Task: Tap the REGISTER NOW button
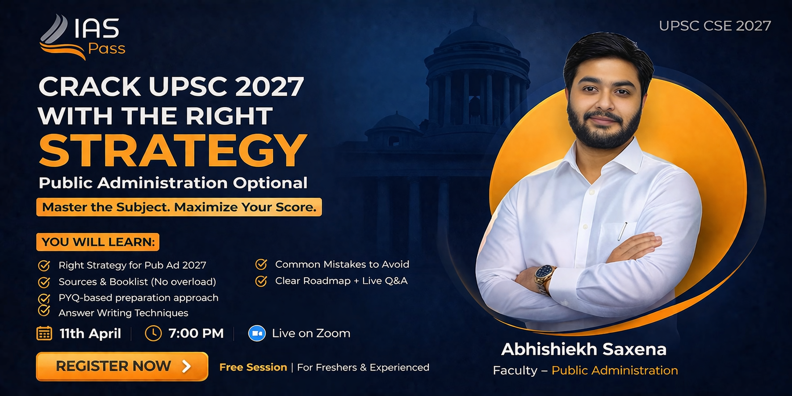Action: coord(122,367)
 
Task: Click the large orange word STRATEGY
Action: coord(173,150)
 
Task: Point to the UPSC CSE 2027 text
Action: coord(715,26)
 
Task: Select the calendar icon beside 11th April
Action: coord(44,333)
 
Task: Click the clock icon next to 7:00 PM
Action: coord(153,333)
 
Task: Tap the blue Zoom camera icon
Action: coord(257,333)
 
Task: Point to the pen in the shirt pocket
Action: coord(622,231)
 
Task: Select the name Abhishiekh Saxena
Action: coord(584,349)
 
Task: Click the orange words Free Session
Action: coord(253,367)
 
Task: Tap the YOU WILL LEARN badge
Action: coord(98,242)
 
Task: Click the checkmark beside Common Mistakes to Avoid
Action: coord(261,265)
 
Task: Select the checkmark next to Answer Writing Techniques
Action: coord(44,310)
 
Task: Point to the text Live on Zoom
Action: coord(311,333)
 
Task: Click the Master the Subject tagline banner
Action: coord(179,207)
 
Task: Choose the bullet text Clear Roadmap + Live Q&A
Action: coord(341,281)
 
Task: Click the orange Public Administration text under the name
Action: coord(615,371)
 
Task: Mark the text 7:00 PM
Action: coord(196,333)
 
